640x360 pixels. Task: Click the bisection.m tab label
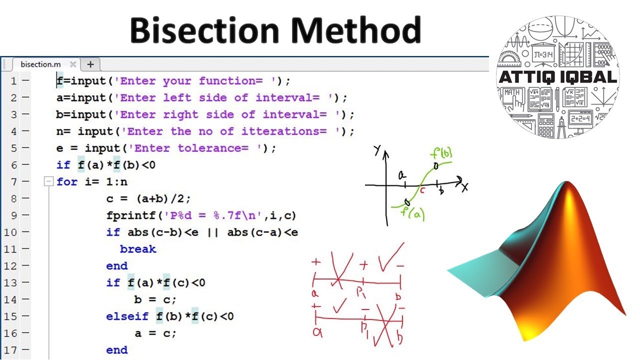(x=40, y=64)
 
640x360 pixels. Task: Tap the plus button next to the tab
(x=90, y=64)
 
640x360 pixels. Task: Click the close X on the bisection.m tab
(x=73, y=64)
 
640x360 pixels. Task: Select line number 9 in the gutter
(x=13, y=215)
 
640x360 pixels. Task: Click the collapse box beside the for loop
(x=48, y=182)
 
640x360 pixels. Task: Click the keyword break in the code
(x=138, y=249)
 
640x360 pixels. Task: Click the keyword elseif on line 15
(x=127, y=316)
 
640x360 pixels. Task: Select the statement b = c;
(x=155, y=299)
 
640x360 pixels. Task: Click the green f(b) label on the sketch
(x=442, y=153)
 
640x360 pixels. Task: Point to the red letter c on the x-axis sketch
(x=422, y=190)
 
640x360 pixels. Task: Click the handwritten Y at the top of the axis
(x=377, y=150)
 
